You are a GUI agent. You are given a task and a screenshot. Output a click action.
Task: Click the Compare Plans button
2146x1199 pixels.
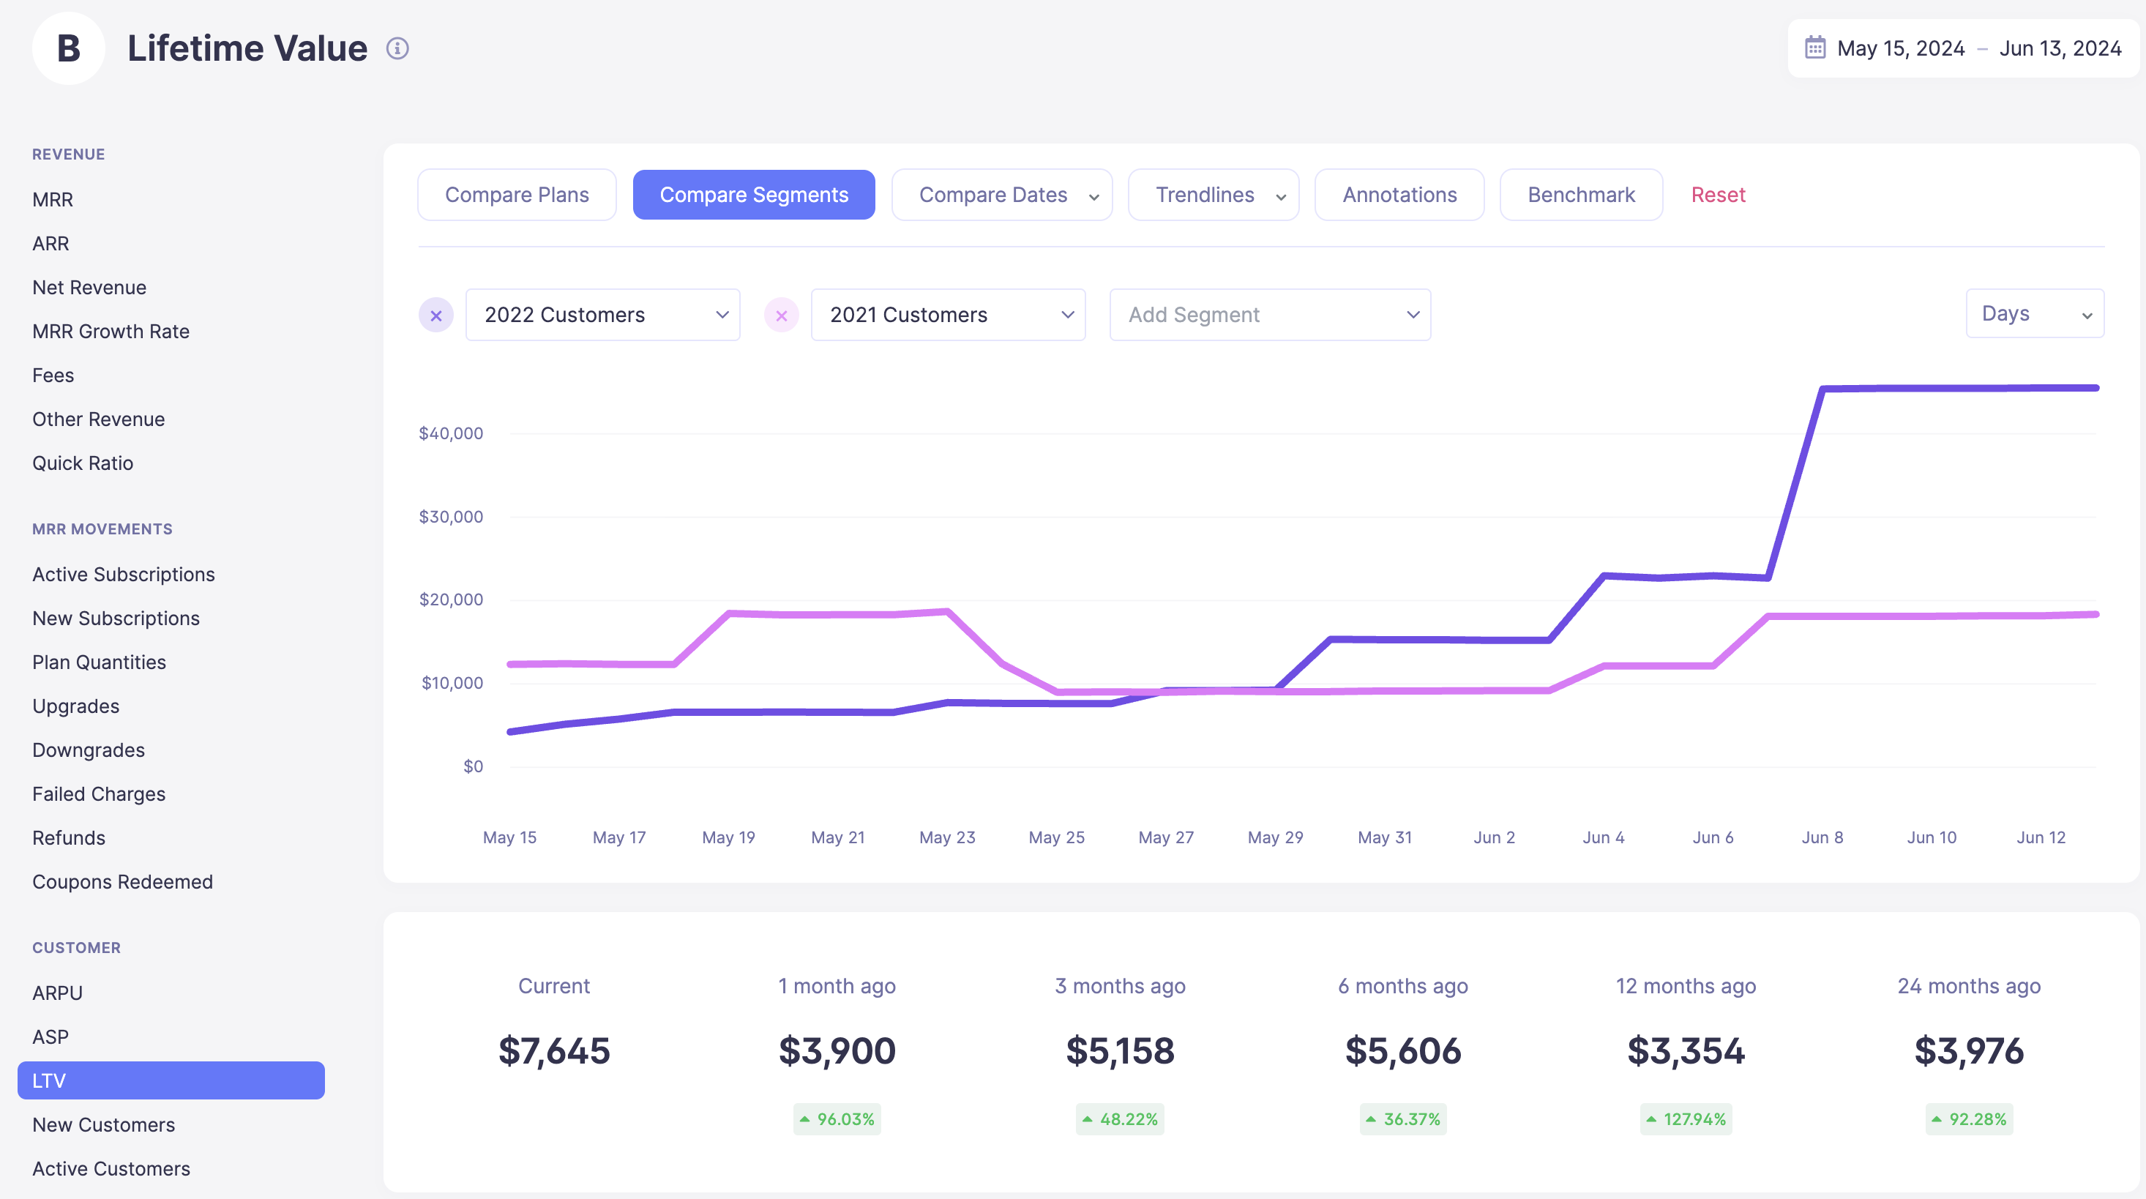pos(517,195)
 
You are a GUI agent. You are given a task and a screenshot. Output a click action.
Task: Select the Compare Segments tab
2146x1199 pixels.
pos(753,195)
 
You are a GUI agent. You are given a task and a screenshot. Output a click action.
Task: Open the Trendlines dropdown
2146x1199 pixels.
pos(1213,195)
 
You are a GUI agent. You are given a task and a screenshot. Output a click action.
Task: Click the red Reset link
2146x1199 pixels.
pos(1718,195)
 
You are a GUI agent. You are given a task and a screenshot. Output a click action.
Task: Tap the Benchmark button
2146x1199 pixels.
pos(1580,195)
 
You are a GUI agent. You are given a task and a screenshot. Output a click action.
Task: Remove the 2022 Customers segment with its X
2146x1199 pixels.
pos(435,315)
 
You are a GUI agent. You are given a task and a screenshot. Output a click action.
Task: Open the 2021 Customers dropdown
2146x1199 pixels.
pos(948,315)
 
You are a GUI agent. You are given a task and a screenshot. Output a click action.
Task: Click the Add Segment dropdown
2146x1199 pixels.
pos(1270,315)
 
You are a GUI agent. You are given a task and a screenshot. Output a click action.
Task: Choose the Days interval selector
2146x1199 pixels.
pos(2034,314)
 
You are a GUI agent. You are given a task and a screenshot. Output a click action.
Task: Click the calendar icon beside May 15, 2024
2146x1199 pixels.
pos(1815,48)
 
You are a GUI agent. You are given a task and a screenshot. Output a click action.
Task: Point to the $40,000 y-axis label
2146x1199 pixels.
pos(451,433)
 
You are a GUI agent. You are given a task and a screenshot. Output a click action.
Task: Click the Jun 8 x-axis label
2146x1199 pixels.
pos(1822,837)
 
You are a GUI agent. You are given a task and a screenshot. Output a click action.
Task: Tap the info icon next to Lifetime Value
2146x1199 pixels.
pos(397,48)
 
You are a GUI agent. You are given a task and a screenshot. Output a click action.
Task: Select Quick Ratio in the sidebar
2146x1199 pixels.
pos(83,463)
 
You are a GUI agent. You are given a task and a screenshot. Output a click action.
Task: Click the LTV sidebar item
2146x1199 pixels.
pos(171,1080)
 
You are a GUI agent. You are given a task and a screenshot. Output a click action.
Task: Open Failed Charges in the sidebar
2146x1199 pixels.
pos(98,794)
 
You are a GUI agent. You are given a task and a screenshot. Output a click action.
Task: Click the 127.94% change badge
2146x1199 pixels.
pos(1686,1119)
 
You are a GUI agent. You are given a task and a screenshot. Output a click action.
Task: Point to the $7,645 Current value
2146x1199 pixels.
pos(554,1050)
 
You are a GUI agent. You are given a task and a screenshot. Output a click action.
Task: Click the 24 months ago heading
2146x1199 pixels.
pos(1969,987)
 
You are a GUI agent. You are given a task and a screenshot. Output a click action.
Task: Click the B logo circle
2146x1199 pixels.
pos(68,48)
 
